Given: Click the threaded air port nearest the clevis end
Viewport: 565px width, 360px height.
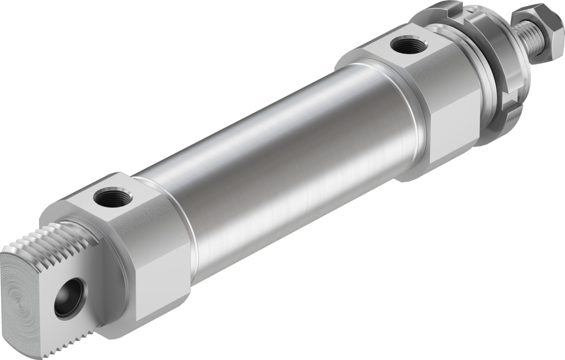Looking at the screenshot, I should (113, 198).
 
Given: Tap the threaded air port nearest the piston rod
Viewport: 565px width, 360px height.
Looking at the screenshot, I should (409, 45).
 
